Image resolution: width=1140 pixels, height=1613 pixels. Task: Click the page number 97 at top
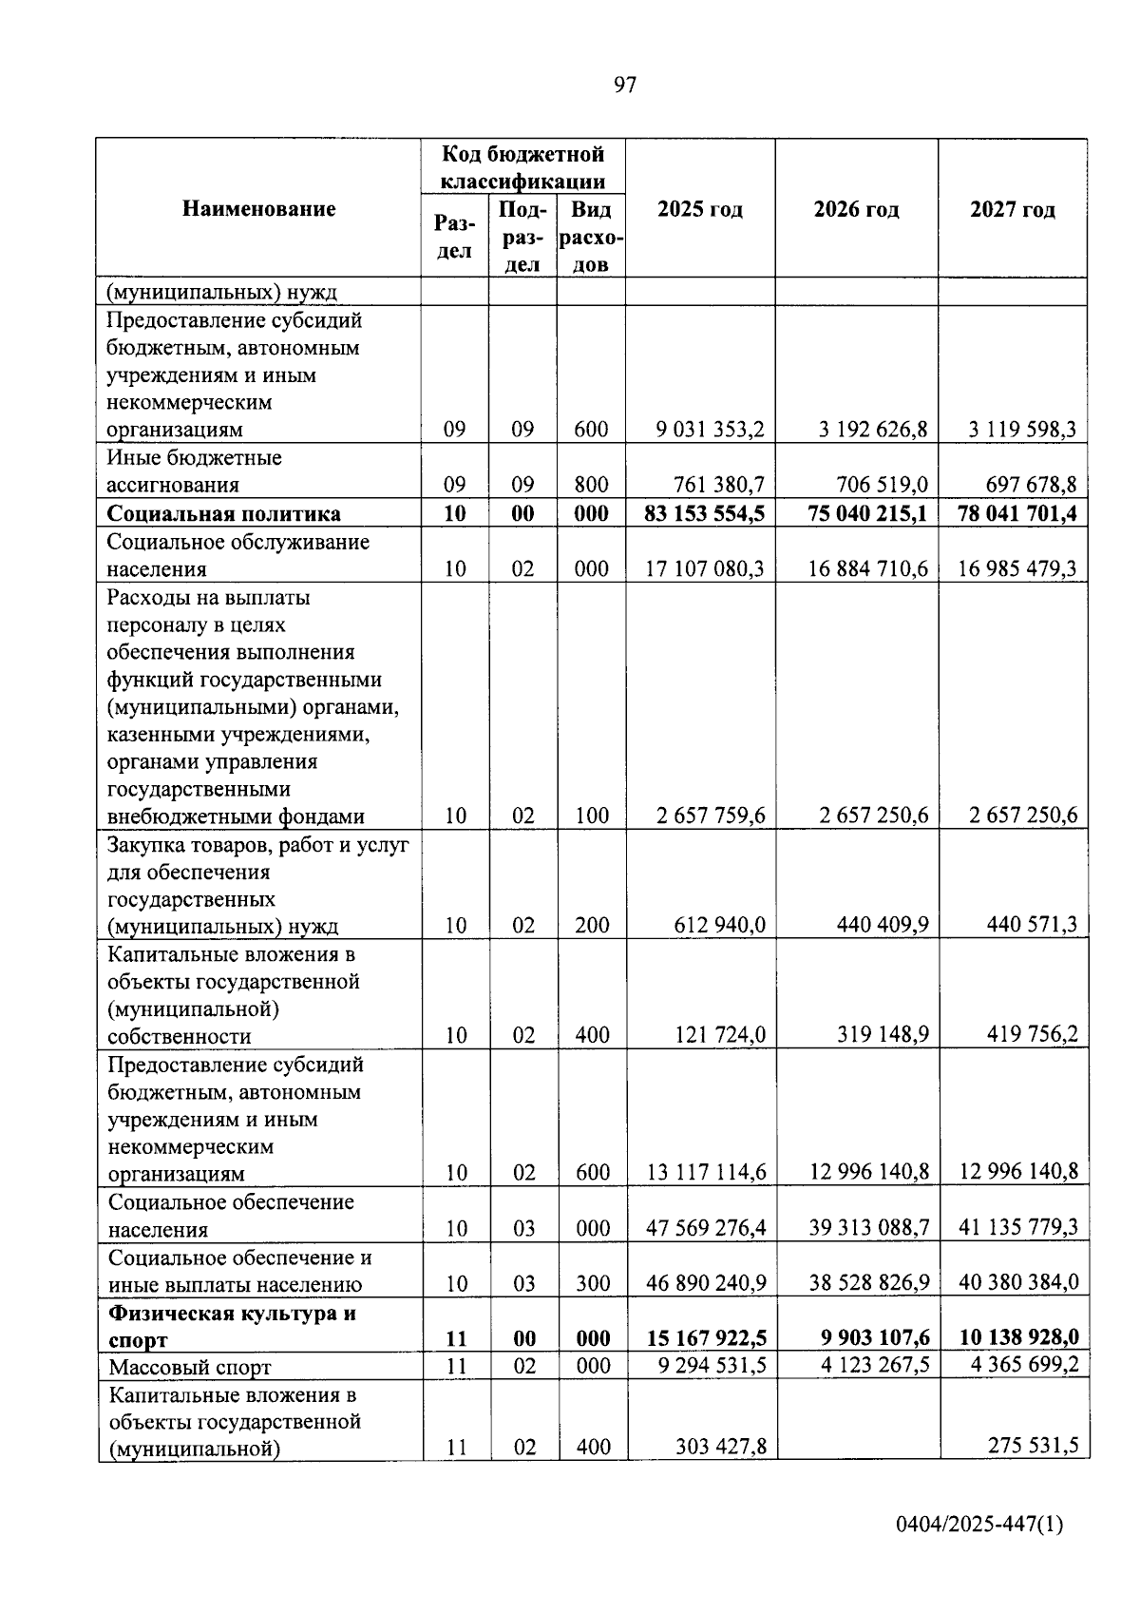[x=625, y=86]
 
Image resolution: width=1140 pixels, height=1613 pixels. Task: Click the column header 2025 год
[x=700, y=209]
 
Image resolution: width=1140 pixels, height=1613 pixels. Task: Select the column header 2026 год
[x=856, y=209]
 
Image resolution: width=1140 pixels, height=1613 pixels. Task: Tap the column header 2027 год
[x=1013, y=209]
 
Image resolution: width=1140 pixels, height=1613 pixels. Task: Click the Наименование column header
[x=258, y=208]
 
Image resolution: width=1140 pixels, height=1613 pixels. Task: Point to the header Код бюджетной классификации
[x=523, y=167]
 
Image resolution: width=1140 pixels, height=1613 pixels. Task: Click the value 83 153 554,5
[x=704, y=513]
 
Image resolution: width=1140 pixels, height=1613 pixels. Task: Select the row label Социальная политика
[x=223, y=514]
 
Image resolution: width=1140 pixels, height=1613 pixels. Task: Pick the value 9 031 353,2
[x=710, y=430]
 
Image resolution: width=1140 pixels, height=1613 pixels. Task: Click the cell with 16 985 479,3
[x=1017, y=569]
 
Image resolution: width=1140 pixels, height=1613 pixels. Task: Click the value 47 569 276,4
[x=706, y=1228]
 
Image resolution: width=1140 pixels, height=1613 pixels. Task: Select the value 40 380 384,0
[x=1018, y=1283]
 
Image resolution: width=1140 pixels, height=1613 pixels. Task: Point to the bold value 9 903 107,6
[x=874, y=1338]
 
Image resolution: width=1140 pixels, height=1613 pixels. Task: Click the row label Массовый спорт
[x=189, y=1368]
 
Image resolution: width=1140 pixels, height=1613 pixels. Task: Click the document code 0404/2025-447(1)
[x=979, y=1525]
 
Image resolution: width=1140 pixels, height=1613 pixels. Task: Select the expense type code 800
[x=591, y=486]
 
